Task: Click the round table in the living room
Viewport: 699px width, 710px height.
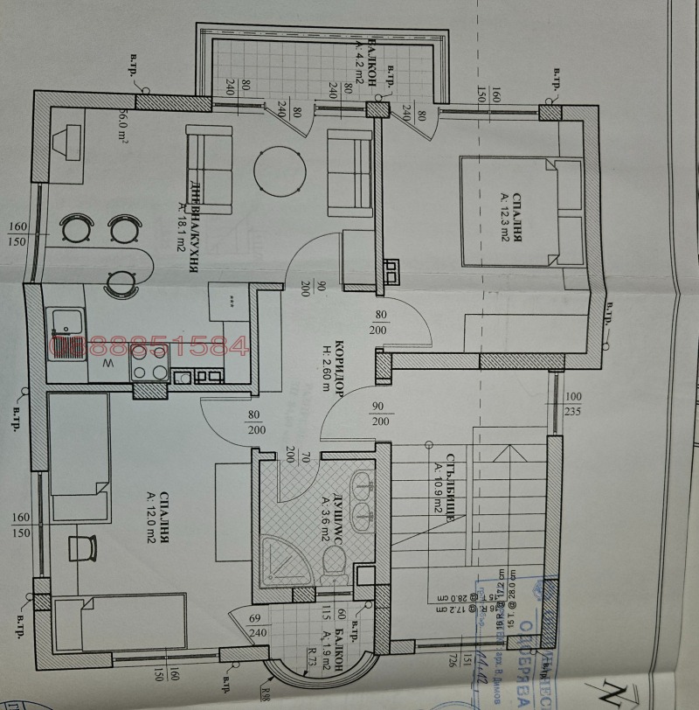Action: (279, 170)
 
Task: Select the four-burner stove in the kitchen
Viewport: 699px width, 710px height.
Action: (149, 360)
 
